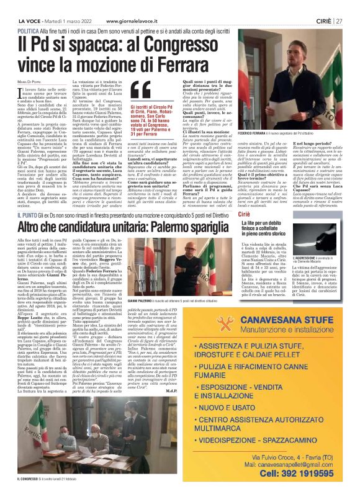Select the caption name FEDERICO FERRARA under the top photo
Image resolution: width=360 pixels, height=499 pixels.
click(256, 133)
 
